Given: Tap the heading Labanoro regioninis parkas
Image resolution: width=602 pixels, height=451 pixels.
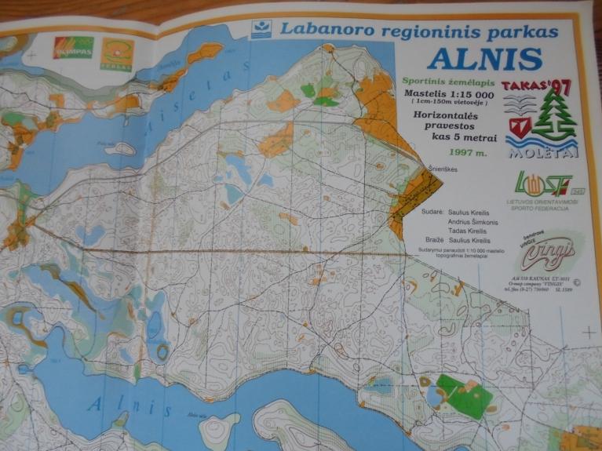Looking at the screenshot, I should pos(419,31).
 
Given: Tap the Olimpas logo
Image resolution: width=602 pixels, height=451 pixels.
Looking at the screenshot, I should pos(72,47).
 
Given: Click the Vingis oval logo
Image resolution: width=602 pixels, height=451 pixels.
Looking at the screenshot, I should pos(546,251).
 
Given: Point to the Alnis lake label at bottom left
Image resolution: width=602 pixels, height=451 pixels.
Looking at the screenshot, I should pos(130,408).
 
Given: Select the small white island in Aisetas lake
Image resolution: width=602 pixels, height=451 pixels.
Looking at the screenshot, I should pos(120,148).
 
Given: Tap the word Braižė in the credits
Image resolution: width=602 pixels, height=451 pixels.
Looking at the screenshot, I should pos(435,240).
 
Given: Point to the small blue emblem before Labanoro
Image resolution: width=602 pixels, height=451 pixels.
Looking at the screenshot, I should pos(261,30).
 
